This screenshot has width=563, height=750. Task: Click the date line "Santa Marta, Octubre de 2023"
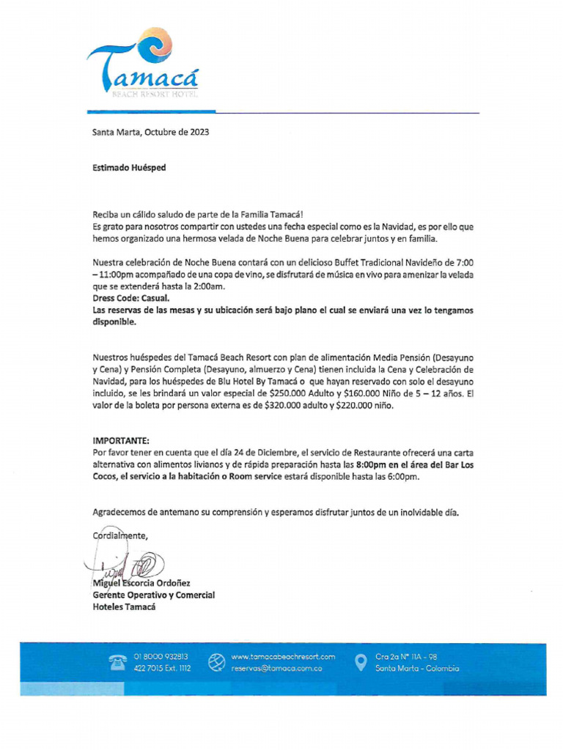pyautogui.click(x=150, y=133)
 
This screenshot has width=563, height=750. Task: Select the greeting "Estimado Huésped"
pyautogui.click(x=129, y=168)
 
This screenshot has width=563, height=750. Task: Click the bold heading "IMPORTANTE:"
pyautogui.click(x=120, y=441)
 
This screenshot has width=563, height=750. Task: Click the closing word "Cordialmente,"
pyautogui.click(x=120, y=535)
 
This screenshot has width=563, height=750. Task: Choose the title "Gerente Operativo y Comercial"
pyautogui.click(x=154, y=595)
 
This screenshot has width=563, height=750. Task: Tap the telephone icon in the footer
pyautogui.click(x=117, y=663)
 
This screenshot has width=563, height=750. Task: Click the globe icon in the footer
pyautogui.click(x=216, y=663)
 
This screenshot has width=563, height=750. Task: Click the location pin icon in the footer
pyautogui.click(x=360, y=662)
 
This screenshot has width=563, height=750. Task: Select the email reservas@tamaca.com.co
pyautogui.click(x=276, y=669)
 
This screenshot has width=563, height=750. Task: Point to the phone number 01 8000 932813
pyautogui.click(x=161, y=657)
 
